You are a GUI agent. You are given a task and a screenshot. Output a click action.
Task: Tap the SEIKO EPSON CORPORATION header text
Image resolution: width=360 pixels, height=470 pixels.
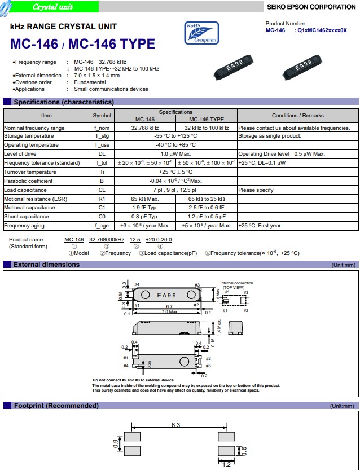[311, 7]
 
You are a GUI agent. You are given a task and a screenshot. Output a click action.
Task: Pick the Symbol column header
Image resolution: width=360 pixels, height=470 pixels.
[102, 116]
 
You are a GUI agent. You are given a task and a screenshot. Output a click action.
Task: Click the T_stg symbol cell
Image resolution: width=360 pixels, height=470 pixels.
[102, 136]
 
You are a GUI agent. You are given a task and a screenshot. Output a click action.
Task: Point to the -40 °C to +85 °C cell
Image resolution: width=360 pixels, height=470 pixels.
[175, 145]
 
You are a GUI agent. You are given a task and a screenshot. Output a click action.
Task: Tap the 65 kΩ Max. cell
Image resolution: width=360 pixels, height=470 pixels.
[145, 199]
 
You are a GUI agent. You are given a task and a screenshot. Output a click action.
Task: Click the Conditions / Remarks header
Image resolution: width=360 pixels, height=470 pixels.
[297, 116]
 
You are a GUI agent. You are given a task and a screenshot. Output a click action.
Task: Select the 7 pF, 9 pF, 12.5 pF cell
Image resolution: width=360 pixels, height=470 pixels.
[175, 190]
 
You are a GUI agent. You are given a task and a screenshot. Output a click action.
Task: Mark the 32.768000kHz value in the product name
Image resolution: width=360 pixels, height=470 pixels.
[107, 240]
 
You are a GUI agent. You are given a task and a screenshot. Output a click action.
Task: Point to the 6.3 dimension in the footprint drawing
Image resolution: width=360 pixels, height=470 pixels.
[175, 424]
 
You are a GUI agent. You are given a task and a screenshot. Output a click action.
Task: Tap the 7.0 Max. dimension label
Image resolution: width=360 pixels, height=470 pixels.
[169, 312]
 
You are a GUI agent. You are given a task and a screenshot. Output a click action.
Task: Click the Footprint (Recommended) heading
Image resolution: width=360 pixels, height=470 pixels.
[56, 406]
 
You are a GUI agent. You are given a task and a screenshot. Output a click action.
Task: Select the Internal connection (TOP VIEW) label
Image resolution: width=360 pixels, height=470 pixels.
[236, 285]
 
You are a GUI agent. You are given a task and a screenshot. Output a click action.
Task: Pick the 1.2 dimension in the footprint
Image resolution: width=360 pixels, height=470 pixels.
[226, 465]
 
